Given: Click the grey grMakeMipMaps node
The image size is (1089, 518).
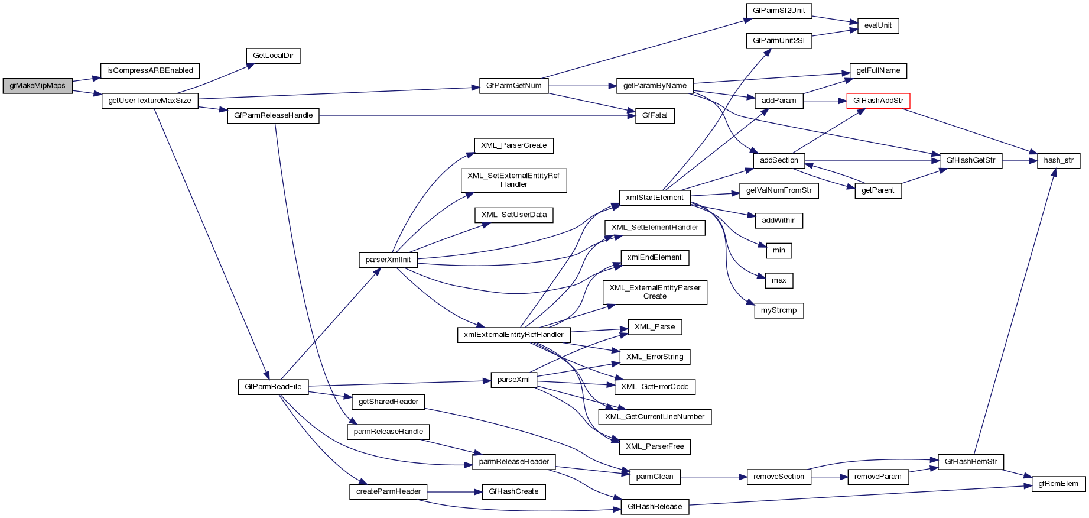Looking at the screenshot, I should click(37, 86).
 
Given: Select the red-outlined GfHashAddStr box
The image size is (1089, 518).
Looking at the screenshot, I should click(878, 101).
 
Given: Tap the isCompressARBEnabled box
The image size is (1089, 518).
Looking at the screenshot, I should click(150, 71).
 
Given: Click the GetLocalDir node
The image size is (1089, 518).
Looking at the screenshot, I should click(273, 56).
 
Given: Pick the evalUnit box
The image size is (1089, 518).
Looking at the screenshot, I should click(877, 26).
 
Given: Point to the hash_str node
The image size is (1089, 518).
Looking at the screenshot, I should click(1058, 160).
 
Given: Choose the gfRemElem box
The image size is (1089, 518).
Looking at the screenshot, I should click(1058, 484).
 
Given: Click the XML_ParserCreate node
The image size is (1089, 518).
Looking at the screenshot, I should click(513, 145).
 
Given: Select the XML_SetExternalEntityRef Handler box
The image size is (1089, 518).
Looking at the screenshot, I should click(513, 180).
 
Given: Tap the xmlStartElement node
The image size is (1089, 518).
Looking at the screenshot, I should click(654, 198).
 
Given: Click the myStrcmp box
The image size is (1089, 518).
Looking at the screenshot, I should click(778, 310).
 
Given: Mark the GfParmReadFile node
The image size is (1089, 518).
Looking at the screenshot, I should click(273, 387).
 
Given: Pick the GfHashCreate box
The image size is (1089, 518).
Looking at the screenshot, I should click(513, 491).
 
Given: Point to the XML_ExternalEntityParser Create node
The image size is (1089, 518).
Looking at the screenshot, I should click(655, 292).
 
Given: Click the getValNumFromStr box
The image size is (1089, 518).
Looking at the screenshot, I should click(778, 190).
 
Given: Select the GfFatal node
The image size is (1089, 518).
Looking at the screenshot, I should click(654, 116).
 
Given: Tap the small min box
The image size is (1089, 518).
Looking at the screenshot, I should click(779, 251).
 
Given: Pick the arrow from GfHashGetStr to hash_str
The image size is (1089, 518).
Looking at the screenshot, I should click(1020, 160).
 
